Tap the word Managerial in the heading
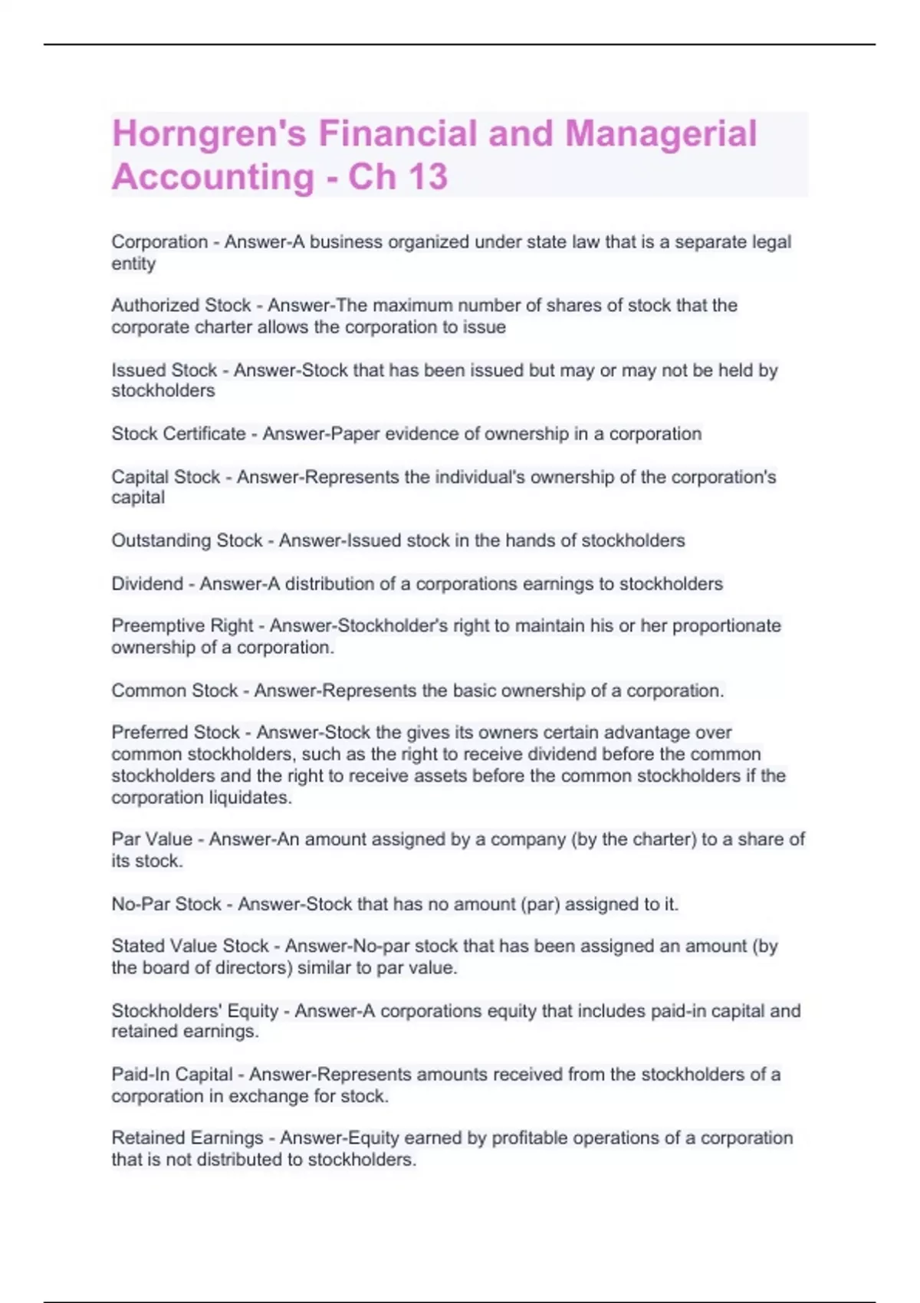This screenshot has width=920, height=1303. coord(661,133)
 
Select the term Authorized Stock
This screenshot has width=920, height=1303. coord(181,305)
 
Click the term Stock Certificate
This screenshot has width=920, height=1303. coord(179,434)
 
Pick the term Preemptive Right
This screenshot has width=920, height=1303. coord(182,625)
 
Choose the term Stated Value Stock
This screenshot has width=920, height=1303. coord(190,946)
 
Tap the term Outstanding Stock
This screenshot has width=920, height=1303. coord(187,540)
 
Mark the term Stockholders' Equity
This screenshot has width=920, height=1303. coord(195,1011)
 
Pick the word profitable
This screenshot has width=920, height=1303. coord(529,1137)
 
